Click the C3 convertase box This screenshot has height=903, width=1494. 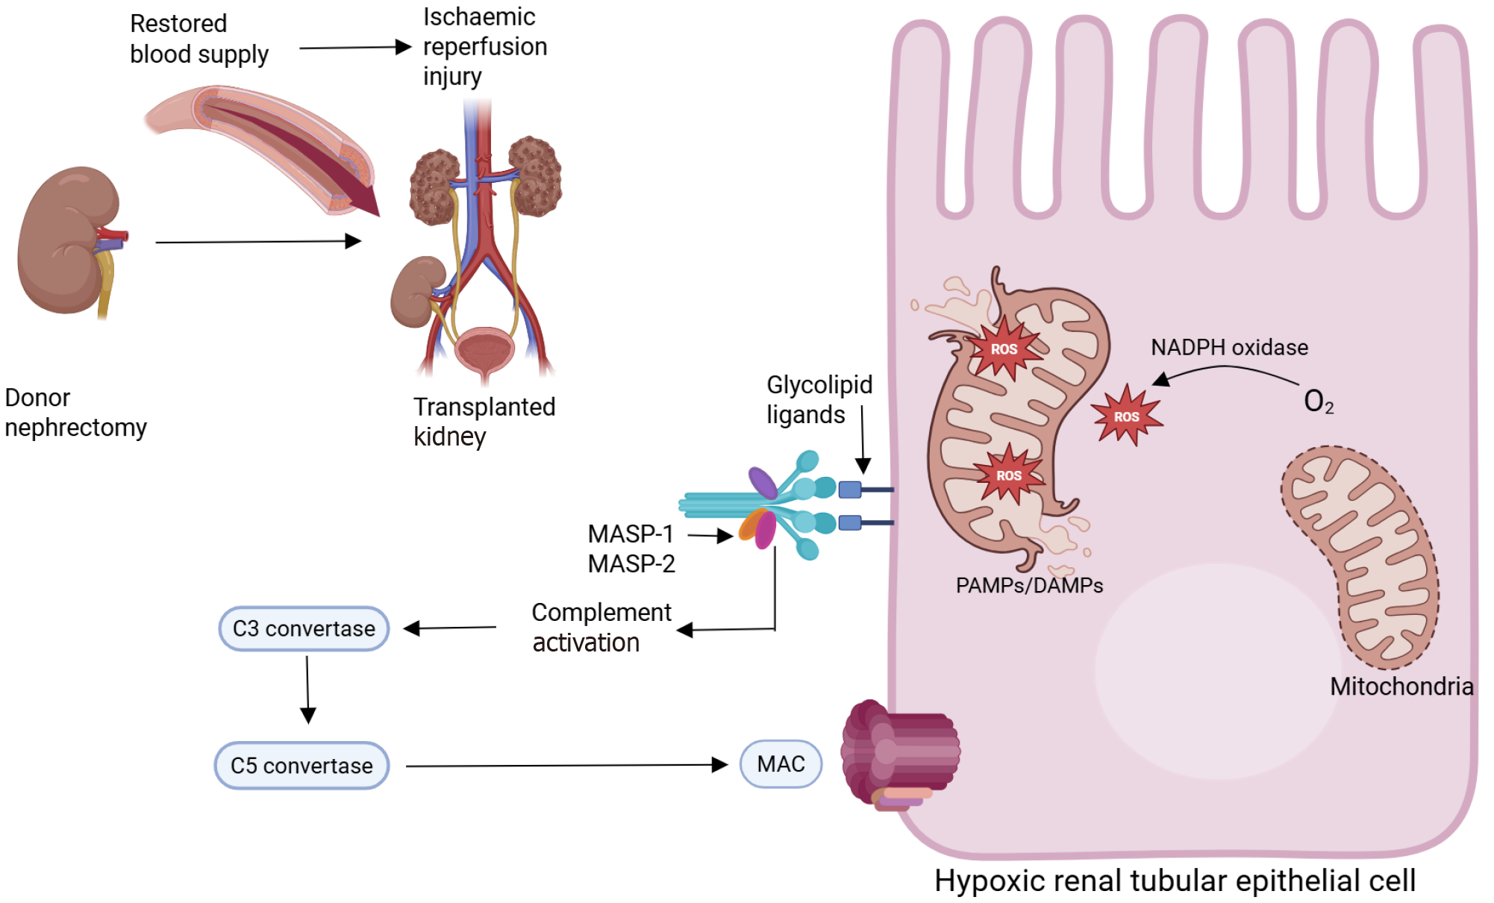tap(304, 628)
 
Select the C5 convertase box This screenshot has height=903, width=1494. tap(301, 765)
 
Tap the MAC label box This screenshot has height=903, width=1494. tap(781, 763)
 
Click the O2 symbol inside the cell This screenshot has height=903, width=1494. tap(1318, 401)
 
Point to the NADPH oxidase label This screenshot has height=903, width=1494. tap(1229, 347)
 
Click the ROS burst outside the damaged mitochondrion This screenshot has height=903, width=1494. tap(1126, 416)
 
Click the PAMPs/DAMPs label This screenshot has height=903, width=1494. tap(1029, 585)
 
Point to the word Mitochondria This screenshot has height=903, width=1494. tap(1401, 686)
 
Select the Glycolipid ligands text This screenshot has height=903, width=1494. tap(819, 399)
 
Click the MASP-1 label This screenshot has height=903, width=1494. tap(631, 534)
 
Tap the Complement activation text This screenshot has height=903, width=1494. tap(601, 627)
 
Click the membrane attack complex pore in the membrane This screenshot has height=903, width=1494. tap(899, 754)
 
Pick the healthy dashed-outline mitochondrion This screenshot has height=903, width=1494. tap(1360, 556)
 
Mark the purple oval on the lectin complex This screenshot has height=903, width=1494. tap(763, 483)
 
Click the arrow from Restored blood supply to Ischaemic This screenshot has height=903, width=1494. tap(354, 48)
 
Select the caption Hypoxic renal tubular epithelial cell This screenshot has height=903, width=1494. tap(1175, 881)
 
